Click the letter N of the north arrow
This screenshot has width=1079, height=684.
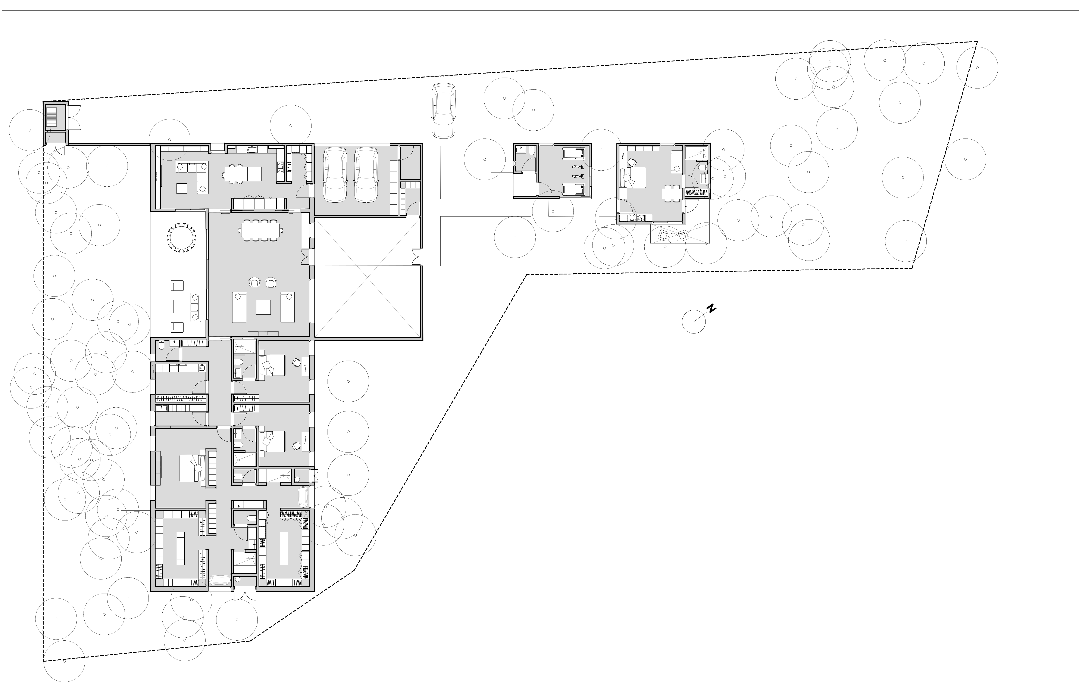pyautogui.click(x=711, y=308)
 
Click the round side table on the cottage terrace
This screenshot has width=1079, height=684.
pyautogui.click(x=672, y=237)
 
